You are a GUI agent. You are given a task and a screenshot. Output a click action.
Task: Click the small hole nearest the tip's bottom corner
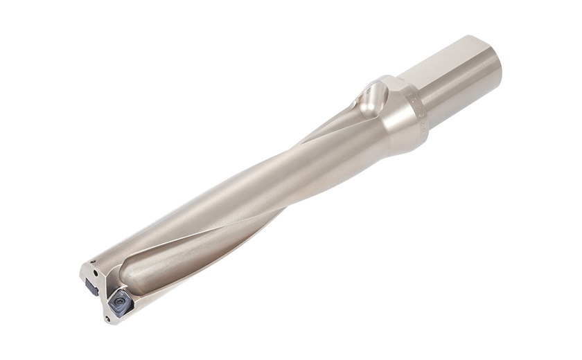tap(107, 318)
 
